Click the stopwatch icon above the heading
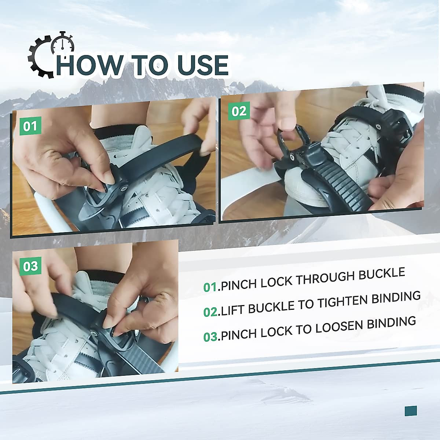pos(63,44)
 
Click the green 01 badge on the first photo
pos(30,126)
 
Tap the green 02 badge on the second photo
pos(239,111)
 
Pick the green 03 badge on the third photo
pos(30,266)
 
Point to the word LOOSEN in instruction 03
pos(339,327)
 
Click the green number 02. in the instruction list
pos(210,312)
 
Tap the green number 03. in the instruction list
pos(210,337)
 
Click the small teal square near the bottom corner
pos(411,411)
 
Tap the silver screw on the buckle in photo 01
pos(124,188)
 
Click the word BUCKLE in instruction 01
pos(382,274)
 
